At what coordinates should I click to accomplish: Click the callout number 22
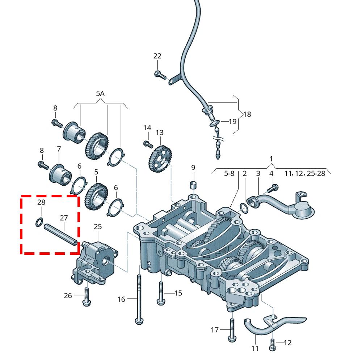tap(157, 56)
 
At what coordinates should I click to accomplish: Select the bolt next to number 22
tap(159, 75)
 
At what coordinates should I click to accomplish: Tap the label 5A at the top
tap(100, 93)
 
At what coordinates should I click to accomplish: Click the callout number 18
tap(247, 114)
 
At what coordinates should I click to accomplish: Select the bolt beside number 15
tap(161, 292)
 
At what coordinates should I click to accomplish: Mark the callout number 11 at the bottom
tap(255, 349)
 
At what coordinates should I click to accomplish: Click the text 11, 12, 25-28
tap(304, 174)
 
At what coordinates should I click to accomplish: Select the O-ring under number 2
tap(244, 207)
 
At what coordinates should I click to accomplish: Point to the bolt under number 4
tap(273, 188)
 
